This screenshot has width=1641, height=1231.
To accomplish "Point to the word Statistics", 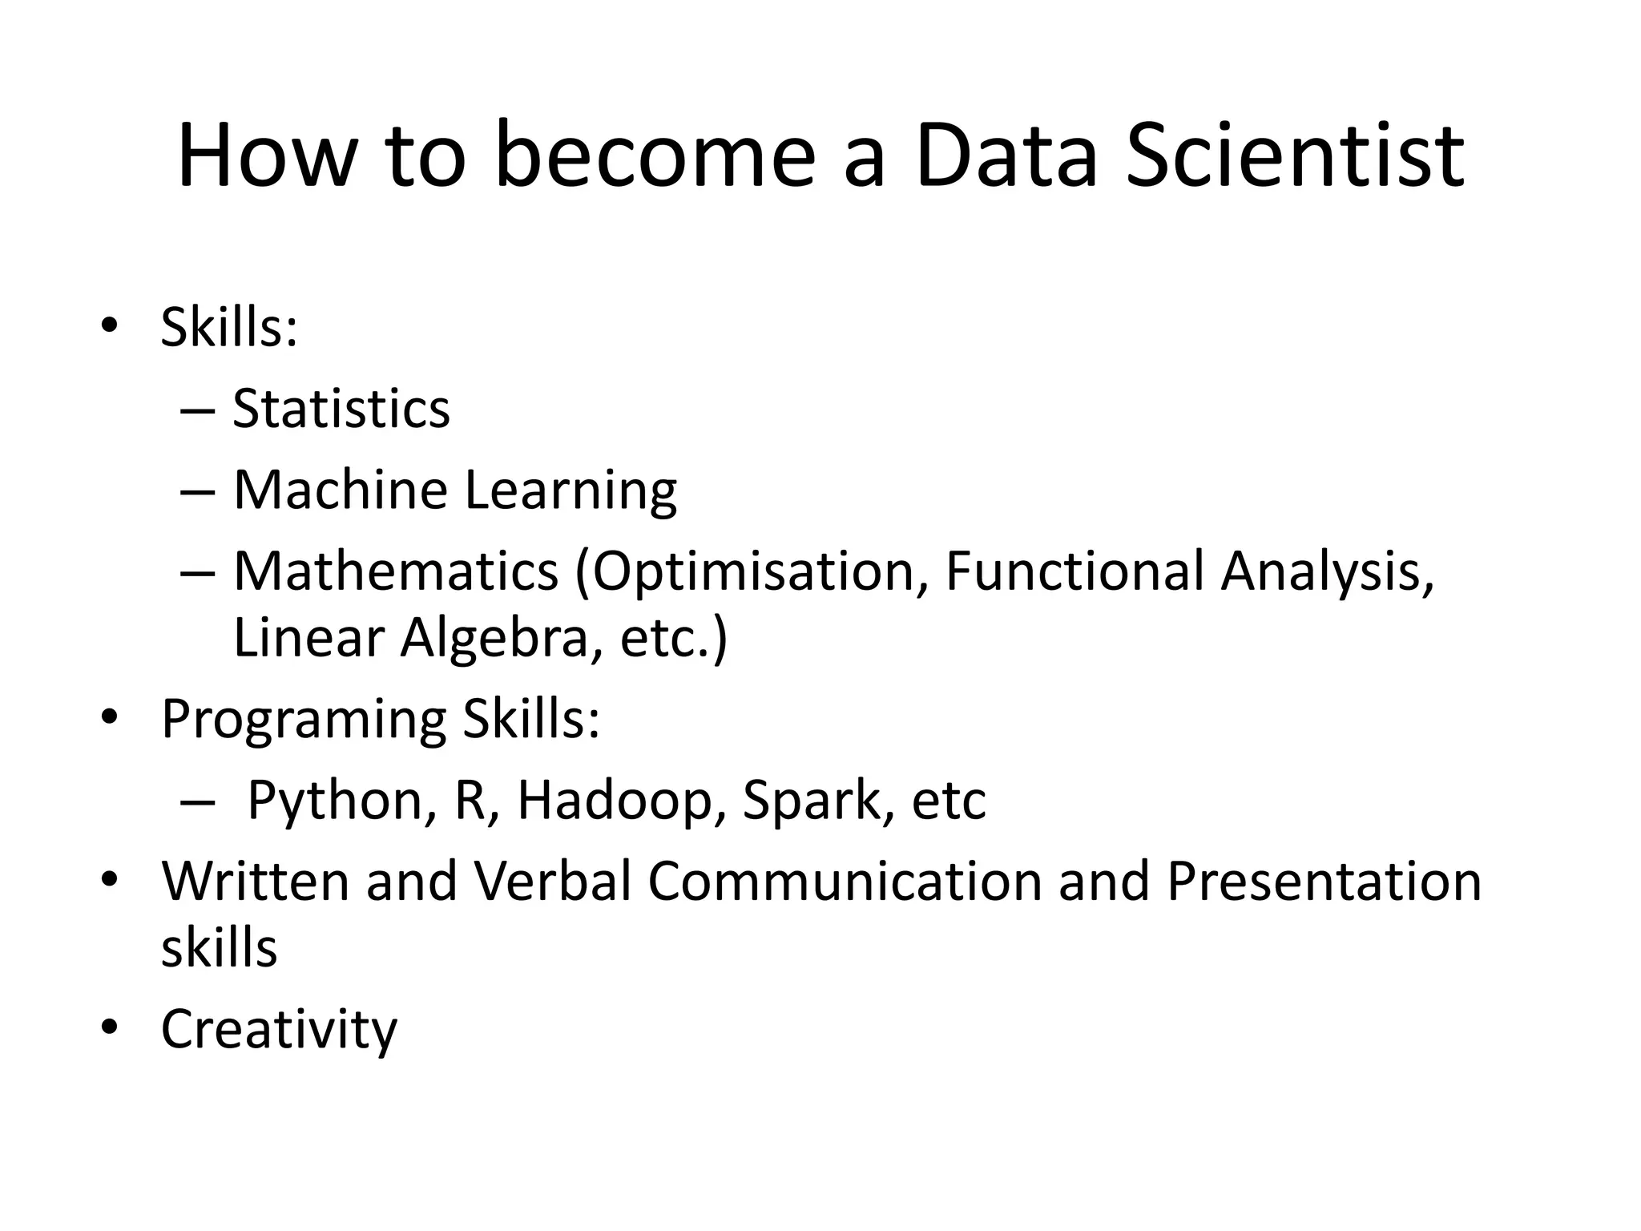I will (341, 409).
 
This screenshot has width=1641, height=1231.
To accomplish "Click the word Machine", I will (340, 490).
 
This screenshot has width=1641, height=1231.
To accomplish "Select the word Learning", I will (571, 491).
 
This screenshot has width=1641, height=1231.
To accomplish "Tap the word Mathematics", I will (396, 571).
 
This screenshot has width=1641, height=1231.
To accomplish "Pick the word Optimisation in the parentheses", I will (752, 572).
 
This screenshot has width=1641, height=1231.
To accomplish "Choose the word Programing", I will (304, 720).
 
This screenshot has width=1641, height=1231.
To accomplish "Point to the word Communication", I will (844, 881).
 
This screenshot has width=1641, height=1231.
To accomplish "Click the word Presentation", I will (1323, 881).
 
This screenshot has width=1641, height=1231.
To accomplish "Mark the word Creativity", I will (279, 1030).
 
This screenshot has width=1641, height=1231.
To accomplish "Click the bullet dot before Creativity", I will (110, 1027).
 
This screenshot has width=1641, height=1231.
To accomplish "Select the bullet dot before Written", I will (110, 878).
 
